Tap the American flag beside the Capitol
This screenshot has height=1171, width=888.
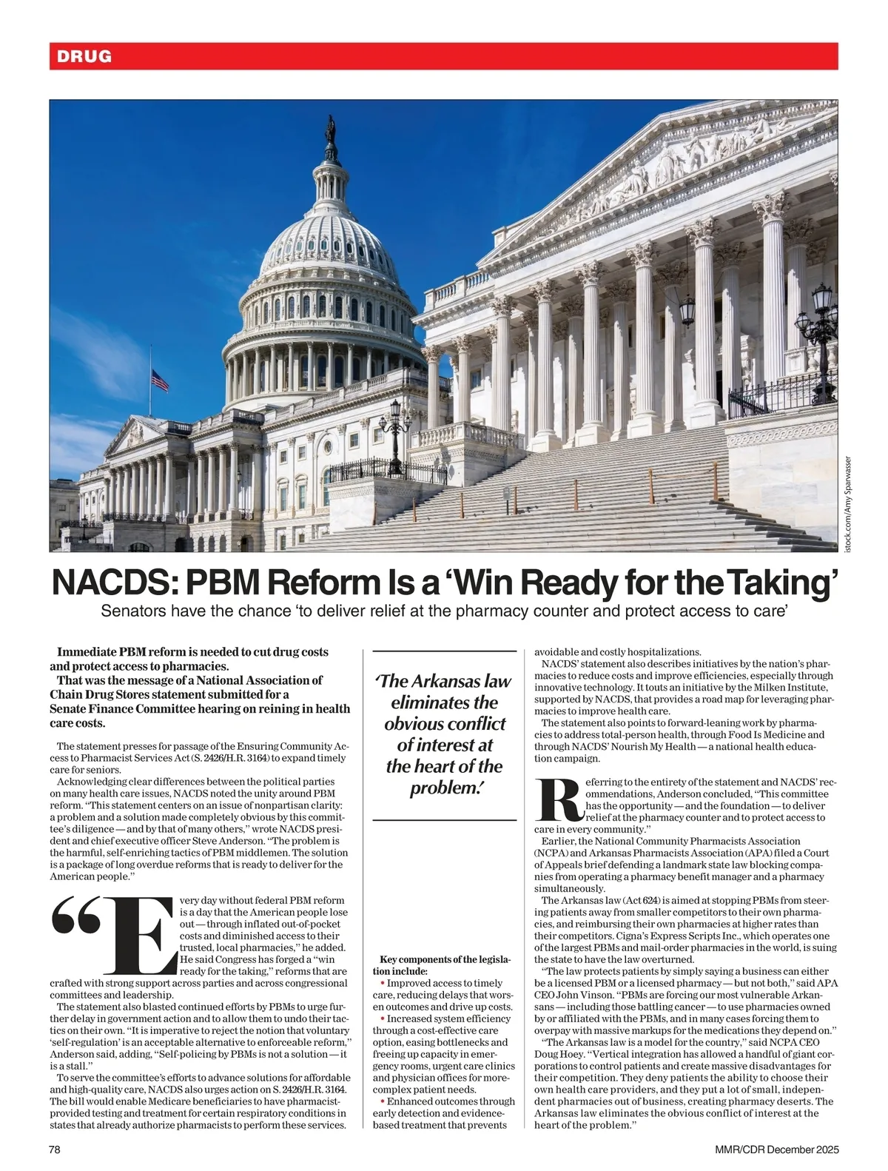click(159, 380)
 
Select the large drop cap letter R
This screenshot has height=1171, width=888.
click(559, 800)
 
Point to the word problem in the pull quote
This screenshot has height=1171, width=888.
click(442, 788)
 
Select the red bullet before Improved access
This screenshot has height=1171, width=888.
click(383, 983)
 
